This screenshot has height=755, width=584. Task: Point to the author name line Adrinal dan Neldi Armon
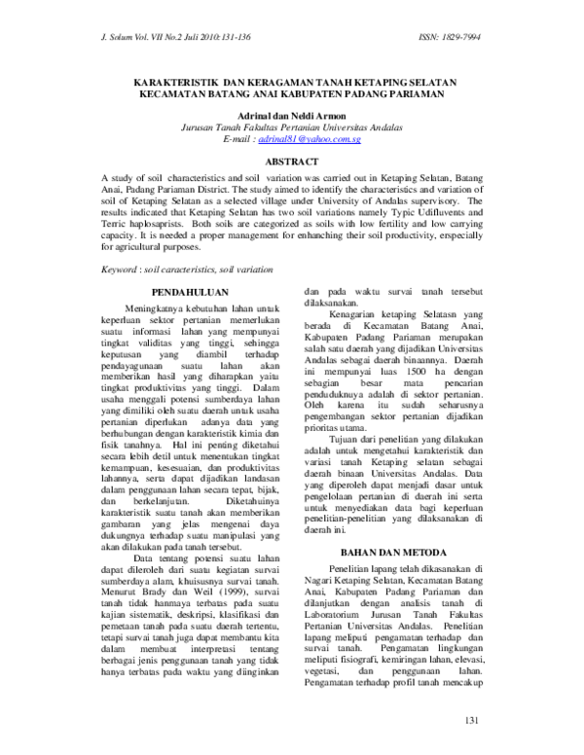coord(292,115)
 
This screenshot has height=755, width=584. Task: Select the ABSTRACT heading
coord(292,161)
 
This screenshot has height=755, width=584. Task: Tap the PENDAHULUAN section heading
coord(191,292)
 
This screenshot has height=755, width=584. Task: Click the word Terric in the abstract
coord(119,222)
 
